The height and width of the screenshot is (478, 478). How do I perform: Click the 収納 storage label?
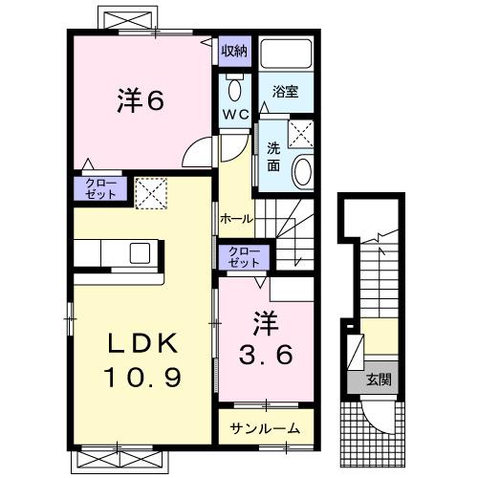(x=235, y=51)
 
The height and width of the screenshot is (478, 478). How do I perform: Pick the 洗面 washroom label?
(x=273, y=157)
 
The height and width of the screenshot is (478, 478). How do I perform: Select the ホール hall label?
(x=236, y=218)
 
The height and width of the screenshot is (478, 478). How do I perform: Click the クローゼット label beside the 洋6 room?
(x=100, y=187)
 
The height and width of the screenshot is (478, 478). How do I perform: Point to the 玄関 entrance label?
(x=379, y=379)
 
